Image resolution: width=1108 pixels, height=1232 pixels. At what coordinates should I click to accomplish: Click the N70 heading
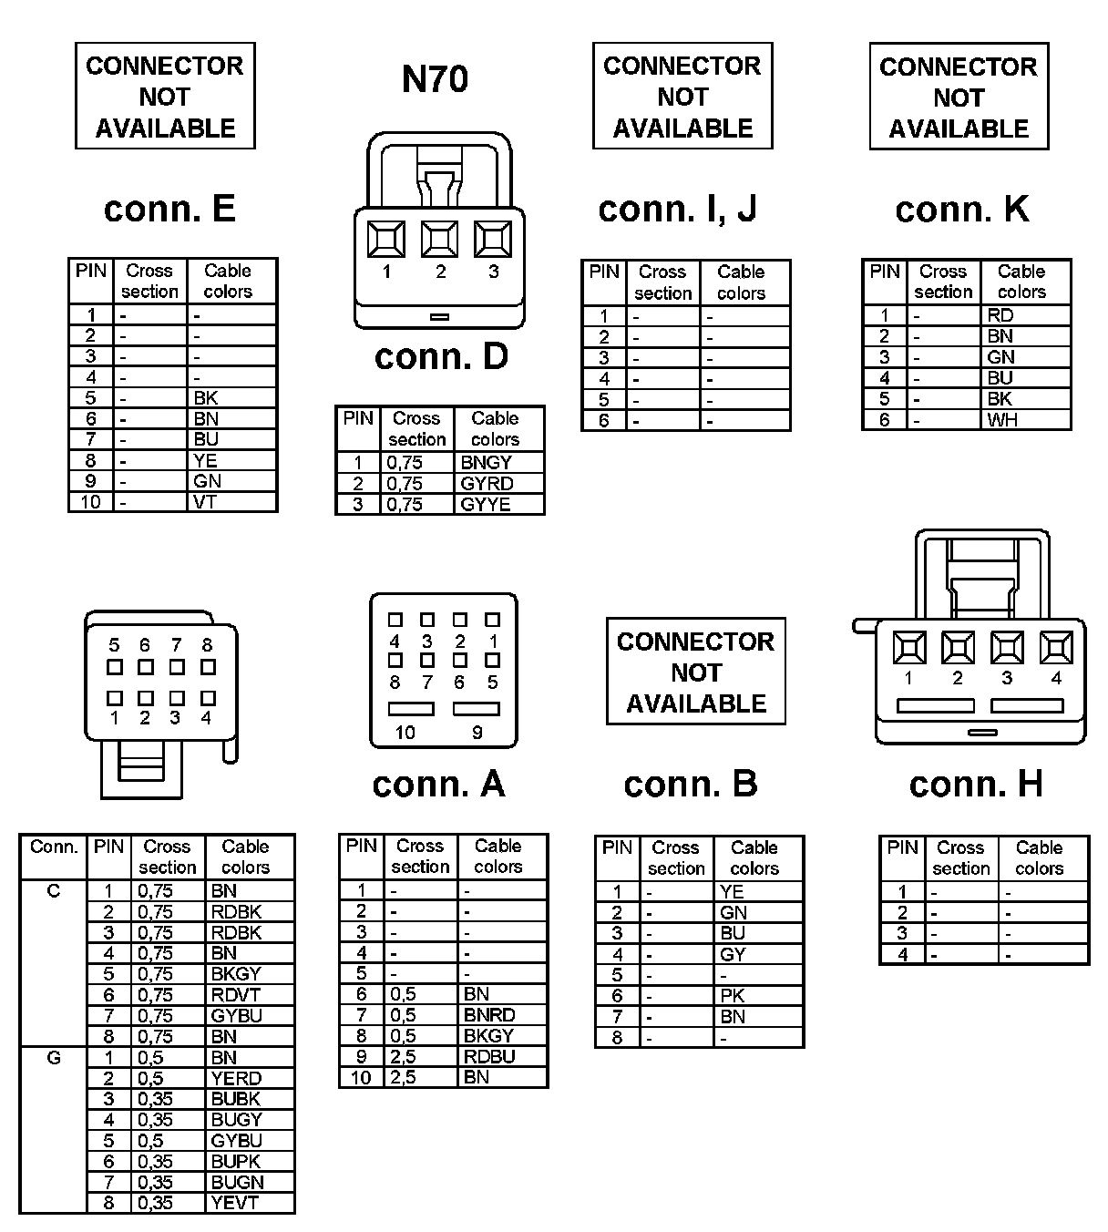(435, 79)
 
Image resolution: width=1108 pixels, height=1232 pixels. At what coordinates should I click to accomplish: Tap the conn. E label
(169, 210)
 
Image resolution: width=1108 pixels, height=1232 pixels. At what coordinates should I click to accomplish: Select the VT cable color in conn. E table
(205, 501)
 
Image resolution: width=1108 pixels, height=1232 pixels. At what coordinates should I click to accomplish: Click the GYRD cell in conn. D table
(487, 483)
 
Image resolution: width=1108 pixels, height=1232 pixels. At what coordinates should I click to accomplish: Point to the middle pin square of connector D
(439, 239)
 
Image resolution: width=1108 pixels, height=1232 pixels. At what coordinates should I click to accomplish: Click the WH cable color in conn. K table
(1001, 420)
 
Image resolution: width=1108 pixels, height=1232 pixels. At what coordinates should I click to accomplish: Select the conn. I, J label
(677, 210)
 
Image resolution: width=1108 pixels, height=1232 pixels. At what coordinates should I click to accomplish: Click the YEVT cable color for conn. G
(234, 1203)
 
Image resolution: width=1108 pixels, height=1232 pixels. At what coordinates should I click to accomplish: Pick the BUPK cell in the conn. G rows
(235, 1161)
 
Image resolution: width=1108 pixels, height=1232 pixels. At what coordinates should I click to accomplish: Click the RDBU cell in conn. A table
(488, 1056)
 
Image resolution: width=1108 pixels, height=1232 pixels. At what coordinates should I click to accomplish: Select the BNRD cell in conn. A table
(488, 1015)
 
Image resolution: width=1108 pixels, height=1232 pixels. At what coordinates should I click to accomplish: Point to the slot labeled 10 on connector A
(412, 709)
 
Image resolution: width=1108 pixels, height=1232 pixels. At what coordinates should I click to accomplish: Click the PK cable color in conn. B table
(732, 996)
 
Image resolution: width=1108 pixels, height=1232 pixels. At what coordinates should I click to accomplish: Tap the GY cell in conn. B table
(732, 954)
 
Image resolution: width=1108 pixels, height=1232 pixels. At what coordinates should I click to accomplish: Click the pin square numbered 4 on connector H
(1056, 648)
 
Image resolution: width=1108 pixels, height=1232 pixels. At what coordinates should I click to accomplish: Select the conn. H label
(975, 785)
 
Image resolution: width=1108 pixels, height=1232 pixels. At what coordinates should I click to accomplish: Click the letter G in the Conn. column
(54, 1058)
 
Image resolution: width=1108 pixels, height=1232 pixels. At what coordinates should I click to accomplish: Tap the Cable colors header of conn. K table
(1021, 282)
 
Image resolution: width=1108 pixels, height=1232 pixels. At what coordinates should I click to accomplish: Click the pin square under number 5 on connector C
(115, 667)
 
